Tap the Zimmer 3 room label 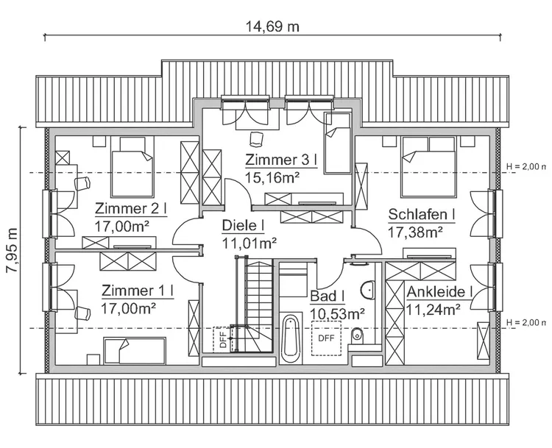(x=280, y=160)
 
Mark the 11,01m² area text (x=249, y=241)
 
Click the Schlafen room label (x=422, y=215)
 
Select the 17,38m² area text (x=415, y=232)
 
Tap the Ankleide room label (x=439, y=292)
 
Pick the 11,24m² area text (x=434, y=309)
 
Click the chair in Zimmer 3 (x=256, y=138)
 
